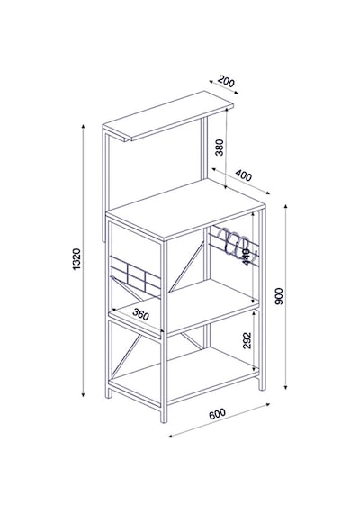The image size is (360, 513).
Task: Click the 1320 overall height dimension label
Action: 76,259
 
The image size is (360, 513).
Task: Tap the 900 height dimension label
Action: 279,296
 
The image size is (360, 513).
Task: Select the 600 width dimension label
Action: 217,413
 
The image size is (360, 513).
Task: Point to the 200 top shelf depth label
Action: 226,81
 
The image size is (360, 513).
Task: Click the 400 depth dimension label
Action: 244,175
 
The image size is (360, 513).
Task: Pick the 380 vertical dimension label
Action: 220,148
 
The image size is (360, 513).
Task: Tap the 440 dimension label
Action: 247,257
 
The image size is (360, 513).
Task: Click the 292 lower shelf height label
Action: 247,340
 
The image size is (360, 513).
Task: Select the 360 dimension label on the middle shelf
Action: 141,314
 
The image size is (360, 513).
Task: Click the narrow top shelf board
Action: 168,115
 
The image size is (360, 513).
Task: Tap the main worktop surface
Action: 185,210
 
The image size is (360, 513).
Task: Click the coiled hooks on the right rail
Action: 233,242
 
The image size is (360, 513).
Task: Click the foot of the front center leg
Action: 164,418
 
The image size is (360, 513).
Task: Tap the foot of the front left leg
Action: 108,394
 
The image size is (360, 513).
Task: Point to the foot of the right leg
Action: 262,386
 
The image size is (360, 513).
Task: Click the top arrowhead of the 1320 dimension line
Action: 84,126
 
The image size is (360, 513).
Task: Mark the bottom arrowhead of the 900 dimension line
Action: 285,387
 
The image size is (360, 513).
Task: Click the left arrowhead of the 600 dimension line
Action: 170,436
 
